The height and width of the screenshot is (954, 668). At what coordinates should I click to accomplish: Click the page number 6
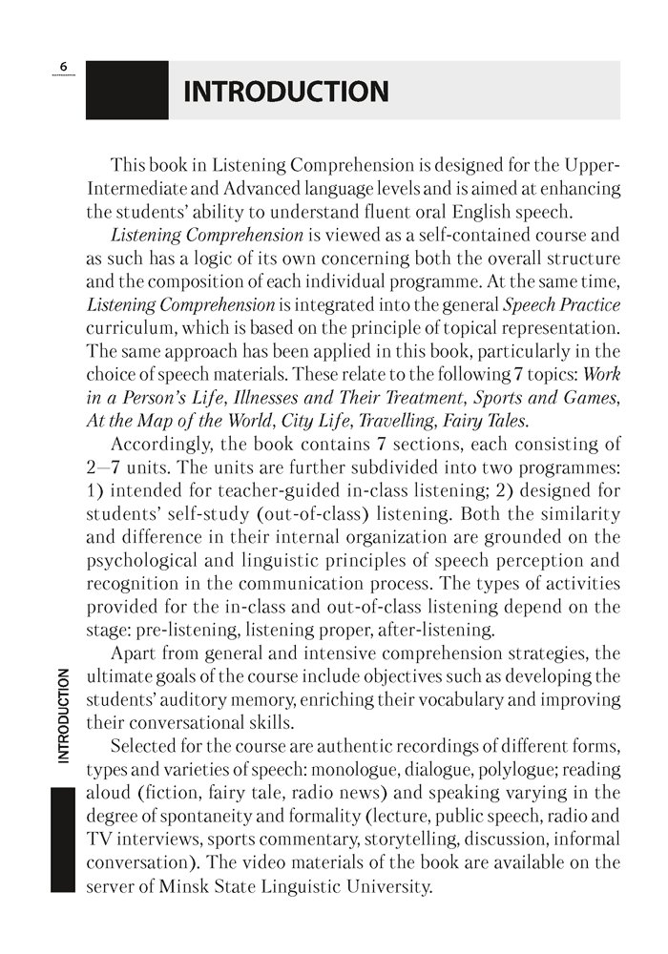tap(62, 66)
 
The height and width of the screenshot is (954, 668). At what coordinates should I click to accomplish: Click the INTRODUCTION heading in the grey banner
tap(285, 92)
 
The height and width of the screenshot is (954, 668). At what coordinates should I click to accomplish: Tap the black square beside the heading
tap(127, 91)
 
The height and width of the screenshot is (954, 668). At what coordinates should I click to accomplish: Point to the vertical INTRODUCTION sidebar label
tap(63, 715)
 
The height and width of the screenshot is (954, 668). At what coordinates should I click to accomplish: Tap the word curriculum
tap(128, 326)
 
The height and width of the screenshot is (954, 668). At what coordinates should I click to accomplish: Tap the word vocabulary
tap(443, 698)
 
